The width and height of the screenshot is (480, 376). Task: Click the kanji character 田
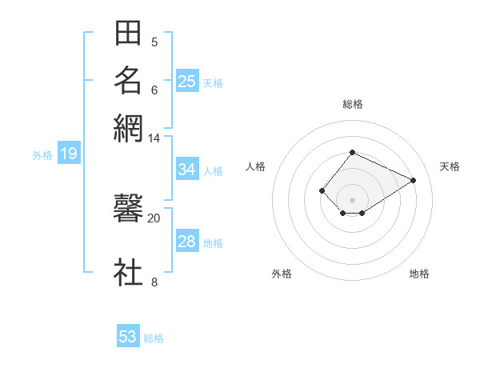point(128,34)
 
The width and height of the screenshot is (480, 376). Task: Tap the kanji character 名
point(128,80)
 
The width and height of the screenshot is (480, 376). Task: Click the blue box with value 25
point(187,81)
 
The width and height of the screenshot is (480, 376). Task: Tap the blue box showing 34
point(187,170)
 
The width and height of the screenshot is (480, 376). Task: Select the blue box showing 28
point(187,242)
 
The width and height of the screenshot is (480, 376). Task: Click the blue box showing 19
point(68,154)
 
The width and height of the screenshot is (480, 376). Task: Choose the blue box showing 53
point(128,337)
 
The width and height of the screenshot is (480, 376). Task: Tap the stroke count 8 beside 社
point(154,281)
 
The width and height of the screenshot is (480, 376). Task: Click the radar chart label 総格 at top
point(352,104)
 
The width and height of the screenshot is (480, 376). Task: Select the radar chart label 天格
point(450,166)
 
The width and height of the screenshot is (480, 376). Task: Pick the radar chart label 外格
point(282,274)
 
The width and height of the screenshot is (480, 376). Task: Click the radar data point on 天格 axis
point(414,180)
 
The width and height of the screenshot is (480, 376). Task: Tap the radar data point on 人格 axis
point(322,190)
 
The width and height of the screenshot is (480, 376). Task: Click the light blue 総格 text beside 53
point(154,338)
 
